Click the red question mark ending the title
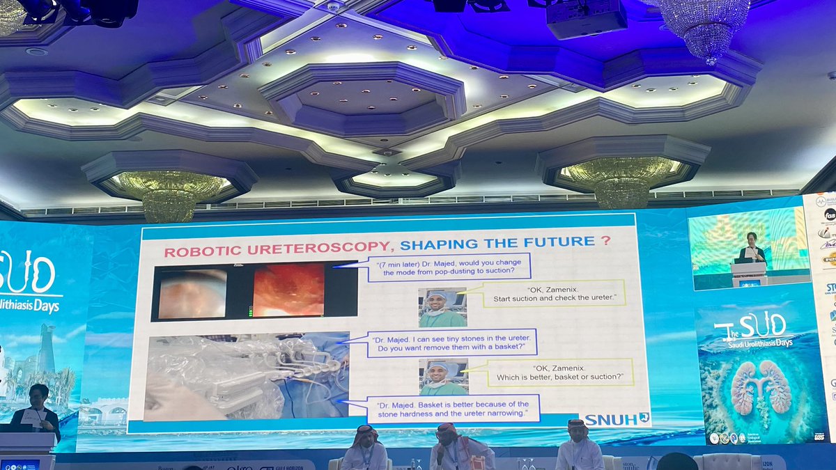coord(606,240)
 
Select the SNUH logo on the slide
coord(617,418)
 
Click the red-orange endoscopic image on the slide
coord(288,290)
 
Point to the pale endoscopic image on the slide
coord(192,294)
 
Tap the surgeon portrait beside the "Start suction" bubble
coord(442,308)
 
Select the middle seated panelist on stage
coord(460,449)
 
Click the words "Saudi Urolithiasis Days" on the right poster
coord(765,343)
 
